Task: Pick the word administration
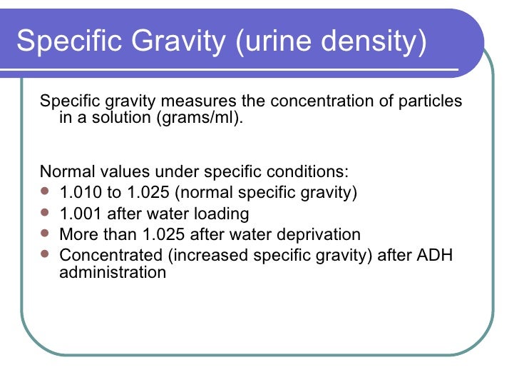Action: point(113,272)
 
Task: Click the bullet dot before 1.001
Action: point(46,213)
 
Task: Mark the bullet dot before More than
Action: point(46,234)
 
